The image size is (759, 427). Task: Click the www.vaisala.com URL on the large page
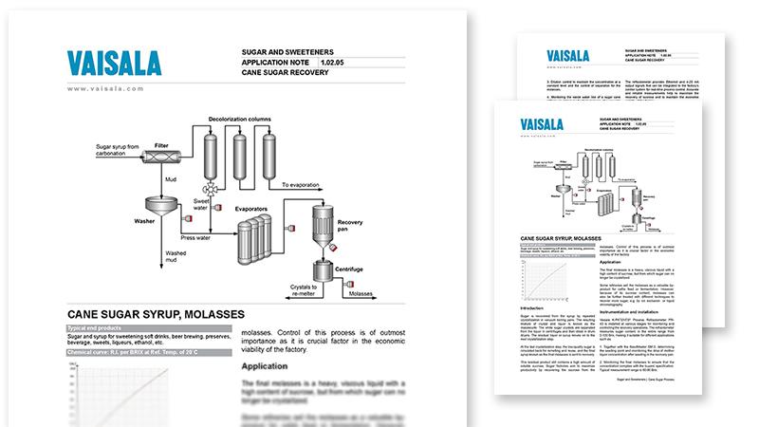pyautogui.click(x=105, y=87)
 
